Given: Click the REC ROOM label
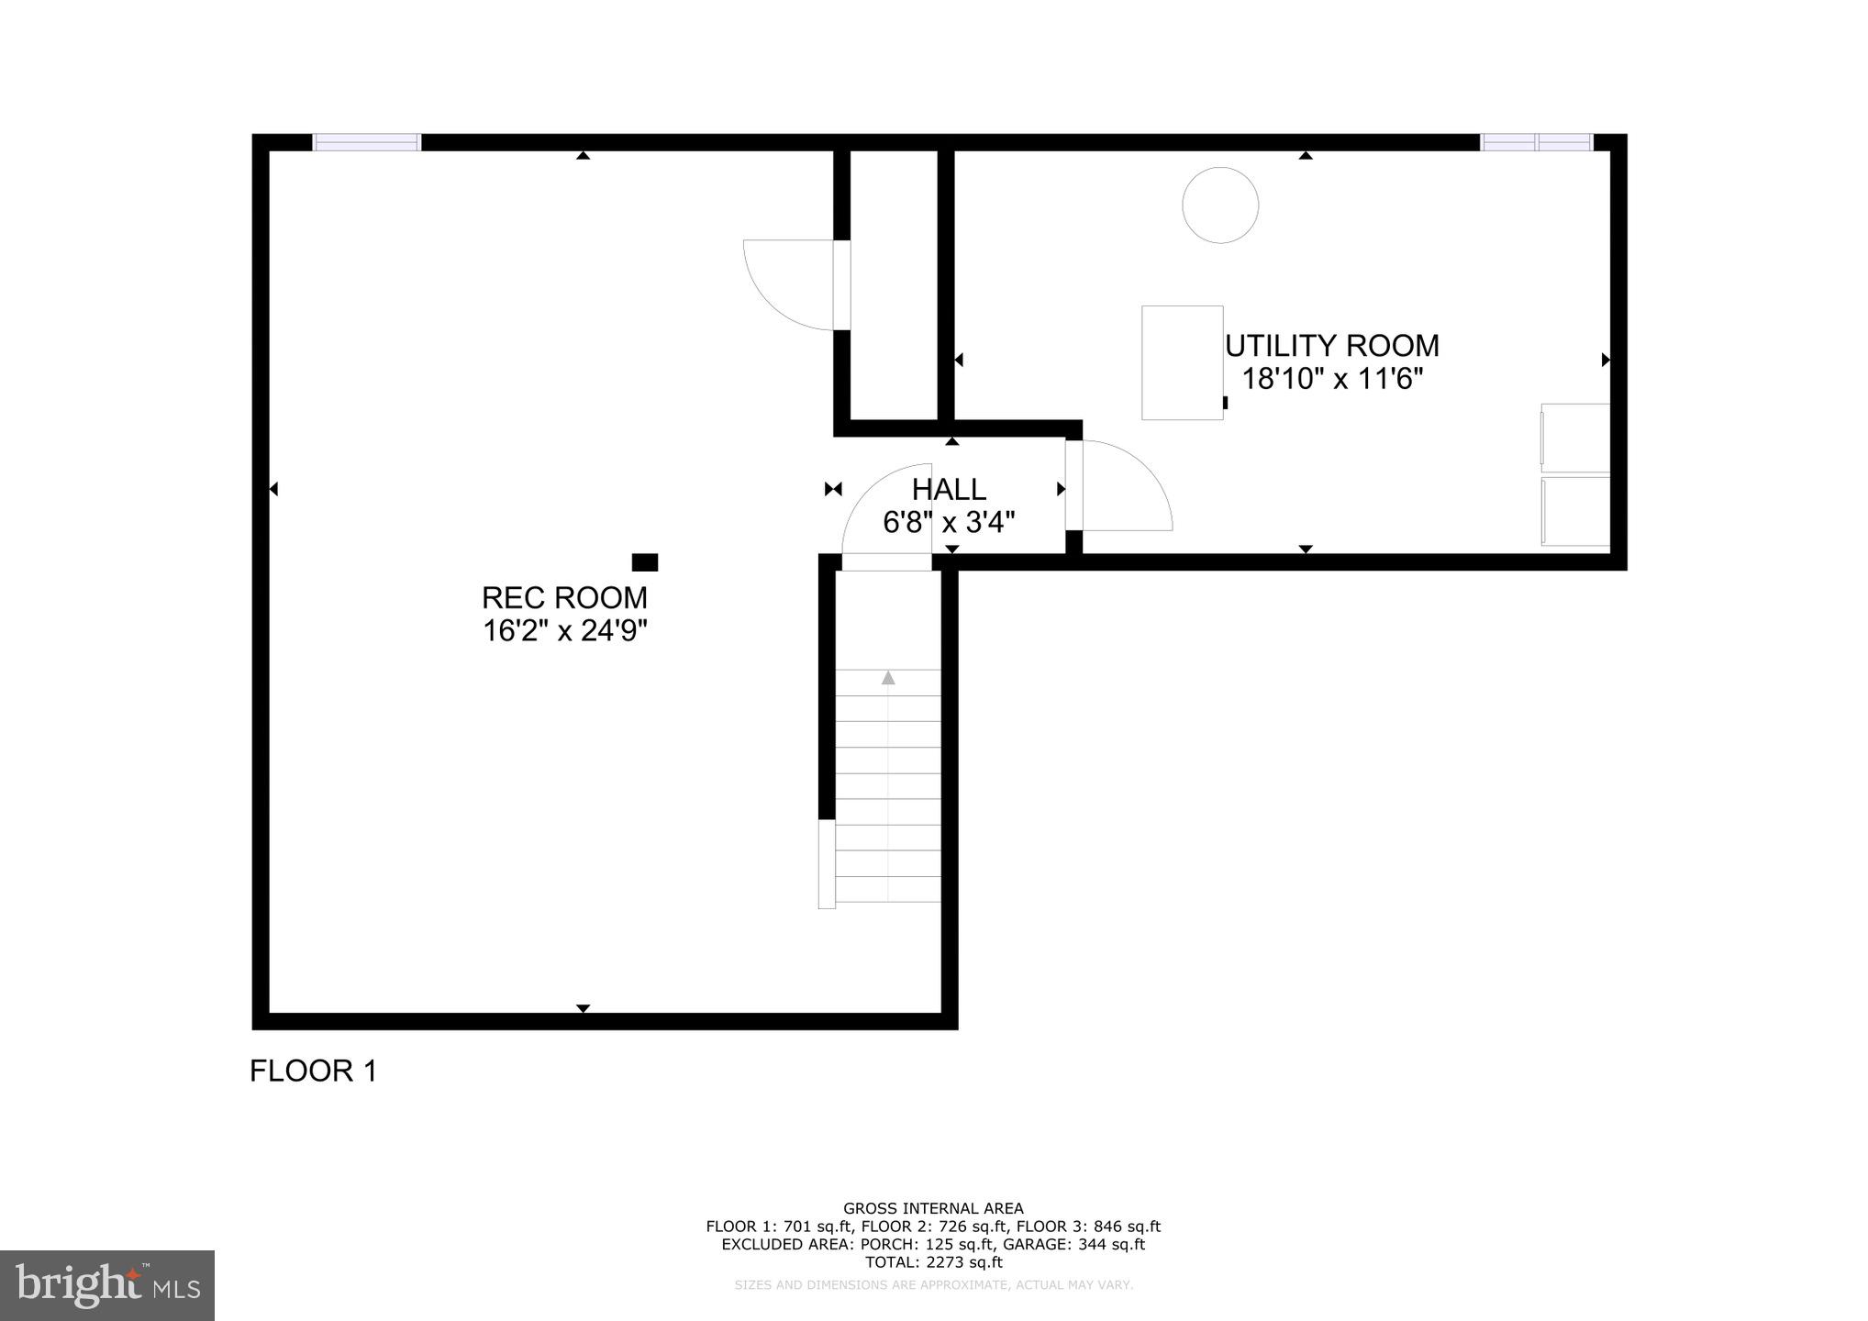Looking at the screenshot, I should [564, 598].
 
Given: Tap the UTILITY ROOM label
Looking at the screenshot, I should [1332, 346].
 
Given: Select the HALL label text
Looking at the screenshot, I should [949, 489].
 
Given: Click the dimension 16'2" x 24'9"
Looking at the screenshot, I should [565, 631].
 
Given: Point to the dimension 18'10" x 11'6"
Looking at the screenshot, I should [1332, 379].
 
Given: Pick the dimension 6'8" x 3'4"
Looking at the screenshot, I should [949, 523].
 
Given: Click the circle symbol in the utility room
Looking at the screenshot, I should [1219, 205].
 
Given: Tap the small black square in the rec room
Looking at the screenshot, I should [644, 562].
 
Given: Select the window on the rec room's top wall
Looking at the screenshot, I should [366, 142].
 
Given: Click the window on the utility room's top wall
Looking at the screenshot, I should [1537, 142].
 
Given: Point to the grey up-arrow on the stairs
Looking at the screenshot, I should [887, 678].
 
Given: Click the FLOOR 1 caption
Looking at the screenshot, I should [314, 1071].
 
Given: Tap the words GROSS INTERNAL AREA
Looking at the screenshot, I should [933, 1208].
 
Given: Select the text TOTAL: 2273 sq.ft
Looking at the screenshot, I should [933, 1261].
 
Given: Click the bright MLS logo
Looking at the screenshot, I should [107, 1285].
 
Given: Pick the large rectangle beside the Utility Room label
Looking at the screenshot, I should [1182, 362].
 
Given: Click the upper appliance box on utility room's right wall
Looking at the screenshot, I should [1574, 438].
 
